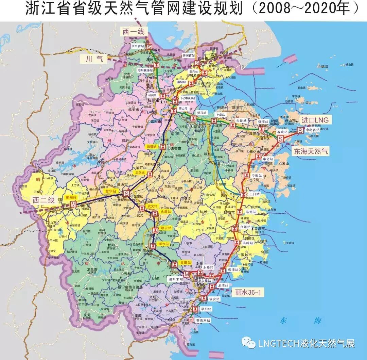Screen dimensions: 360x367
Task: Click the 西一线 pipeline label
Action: click(134, 32)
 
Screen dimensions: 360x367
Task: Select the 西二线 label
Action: click(44, 200)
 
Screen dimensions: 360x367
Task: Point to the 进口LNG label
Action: click(315, 120)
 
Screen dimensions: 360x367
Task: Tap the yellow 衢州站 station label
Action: click(71, 197)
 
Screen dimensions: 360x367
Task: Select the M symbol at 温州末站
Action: click(186, 274)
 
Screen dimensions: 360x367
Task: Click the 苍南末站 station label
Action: click(203, 321)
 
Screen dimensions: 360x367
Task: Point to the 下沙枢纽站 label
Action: click(187, 98)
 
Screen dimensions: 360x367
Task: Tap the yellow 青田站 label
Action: click(186, 262)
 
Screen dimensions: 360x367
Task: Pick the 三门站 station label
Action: click(254, 194)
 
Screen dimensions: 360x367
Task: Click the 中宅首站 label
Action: click(312, 130)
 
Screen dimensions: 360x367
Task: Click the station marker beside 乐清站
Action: click(223, 271)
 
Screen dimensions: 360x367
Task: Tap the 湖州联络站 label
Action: click(145, 70)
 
